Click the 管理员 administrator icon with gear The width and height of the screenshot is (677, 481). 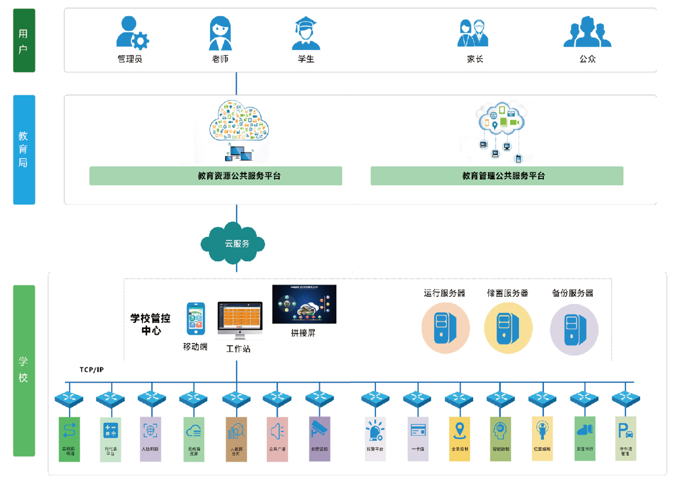coord(132,33)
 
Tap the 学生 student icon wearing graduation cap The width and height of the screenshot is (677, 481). coord(306,33)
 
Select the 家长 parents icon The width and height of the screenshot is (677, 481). coord(473,33)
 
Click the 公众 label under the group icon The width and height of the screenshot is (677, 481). coord(587,59)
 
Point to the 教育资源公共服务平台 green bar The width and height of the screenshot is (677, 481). coord(216,176)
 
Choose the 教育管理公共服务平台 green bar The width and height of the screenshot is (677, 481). coord(497,176)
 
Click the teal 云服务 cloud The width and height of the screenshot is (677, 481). coord(233,243)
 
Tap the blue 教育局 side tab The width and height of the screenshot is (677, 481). coord(24,150)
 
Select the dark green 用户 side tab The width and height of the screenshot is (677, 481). coord(24,41)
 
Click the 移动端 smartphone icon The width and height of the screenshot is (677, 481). coord(196,319)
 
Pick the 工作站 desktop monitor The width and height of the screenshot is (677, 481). coord(240,320)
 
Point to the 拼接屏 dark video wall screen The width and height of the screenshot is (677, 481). coord(304,304)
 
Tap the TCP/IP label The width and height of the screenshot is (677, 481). coord(91,370)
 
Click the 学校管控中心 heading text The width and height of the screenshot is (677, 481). coord(150,324)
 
